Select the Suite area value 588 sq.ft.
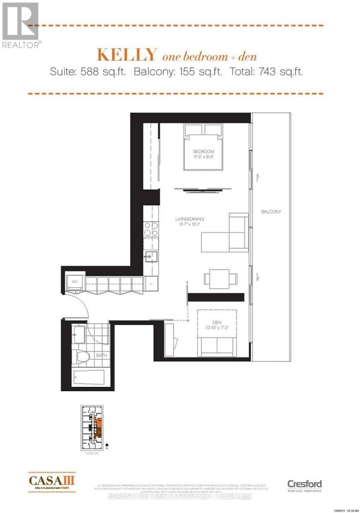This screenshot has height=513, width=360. coord(111,72)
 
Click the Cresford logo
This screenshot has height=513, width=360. coord(304,485)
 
